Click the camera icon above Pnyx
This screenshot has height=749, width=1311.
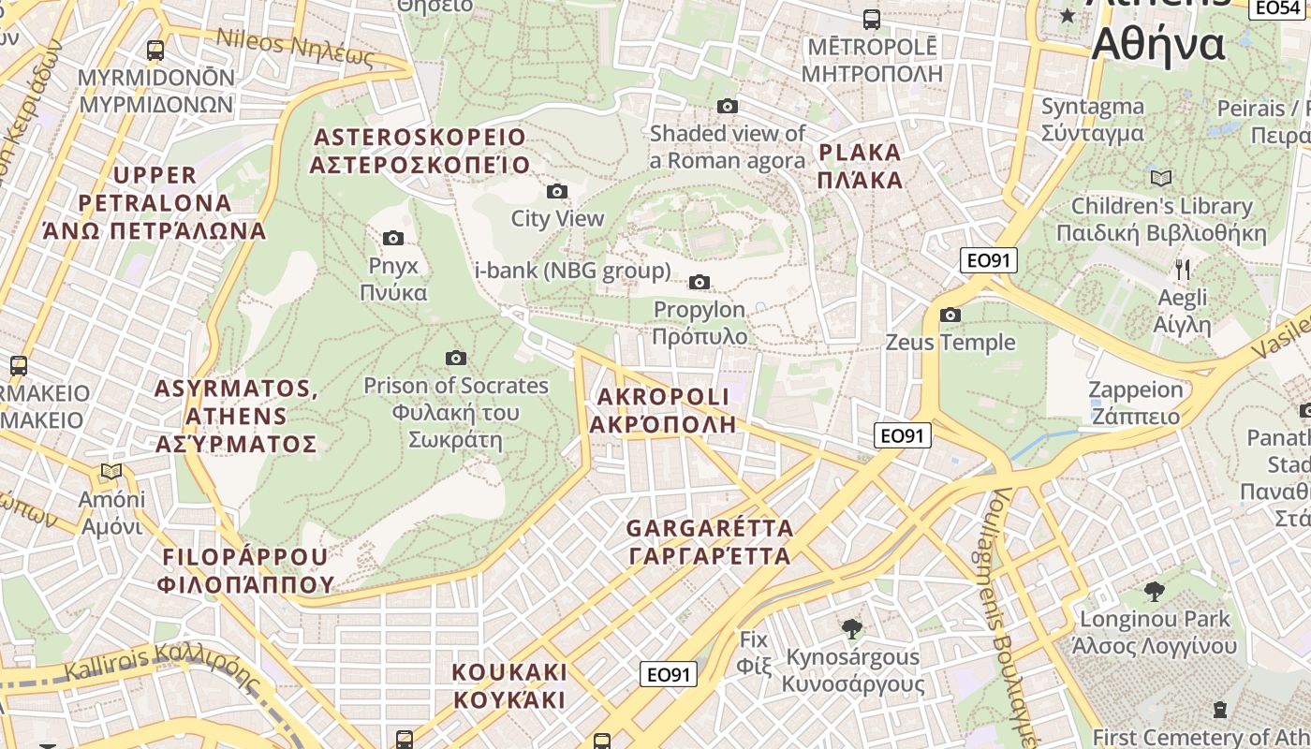tap(393, 238)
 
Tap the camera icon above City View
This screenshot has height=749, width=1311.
tap(557, 192)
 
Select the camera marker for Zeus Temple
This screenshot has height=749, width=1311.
tap(950, 316)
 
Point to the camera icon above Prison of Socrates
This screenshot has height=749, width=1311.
tap(456, 358)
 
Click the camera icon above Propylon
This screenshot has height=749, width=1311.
tap(699, 282)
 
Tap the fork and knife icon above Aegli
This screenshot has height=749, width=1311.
tap(1183, 270)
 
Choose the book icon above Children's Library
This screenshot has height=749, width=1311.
tap(1161, 178)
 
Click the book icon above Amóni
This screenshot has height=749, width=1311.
tap(112, 472)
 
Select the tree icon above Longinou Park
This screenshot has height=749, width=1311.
tap(1154, 592)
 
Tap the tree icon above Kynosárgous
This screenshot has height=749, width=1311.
tap(852, 629)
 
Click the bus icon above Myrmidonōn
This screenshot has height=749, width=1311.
tap(155, 51)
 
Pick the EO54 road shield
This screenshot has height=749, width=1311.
tap(1277, 7)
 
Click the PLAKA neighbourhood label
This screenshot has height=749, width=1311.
tap(860, 166)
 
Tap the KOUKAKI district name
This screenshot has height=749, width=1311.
tap(509, 685)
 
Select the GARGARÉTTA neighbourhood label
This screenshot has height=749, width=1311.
tap(710, 542)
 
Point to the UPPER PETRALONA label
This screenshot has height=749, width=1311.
tap(155, 202)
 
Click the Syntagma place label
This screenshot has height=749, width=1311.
tap(1092, 120)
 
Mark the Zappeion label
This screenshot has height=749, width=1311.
tap(1135, 403)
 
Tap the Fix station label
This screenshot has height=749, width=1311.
tap(754, 653)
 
